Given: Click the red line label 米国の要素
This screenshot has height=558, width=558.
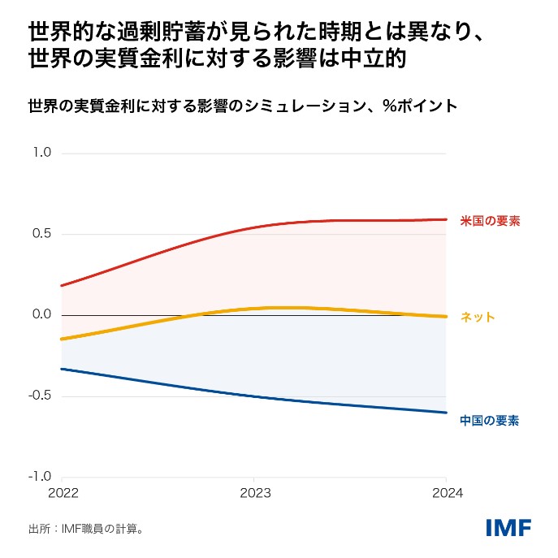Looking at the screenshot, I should [x=490, y=220].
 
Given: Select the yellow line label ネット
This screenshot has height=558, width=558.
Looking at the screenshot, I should [x=478, y=318].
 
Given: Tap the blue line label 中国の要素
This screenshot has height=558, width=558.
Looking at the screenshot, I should [x=490, y=420].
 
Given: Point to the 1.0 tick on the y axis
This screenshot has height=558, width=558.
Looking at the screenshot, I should [x=41, y=153].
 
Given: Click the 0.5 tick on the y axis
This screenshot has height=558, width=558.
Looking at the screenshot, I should [x=41, y=234].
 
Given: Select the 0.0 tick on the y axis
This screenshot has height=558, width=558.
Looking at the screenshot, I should [x=41, y=315].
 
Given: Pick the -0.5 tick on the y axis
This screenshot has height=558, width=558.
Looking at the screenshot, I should [x=40, y=396].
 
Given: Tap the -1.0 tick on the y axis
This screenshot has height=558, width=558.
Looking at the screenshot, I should [x=40, y=477].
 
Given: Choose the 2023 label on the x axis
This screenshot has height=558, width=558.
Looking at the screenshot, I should [x=254, y=493].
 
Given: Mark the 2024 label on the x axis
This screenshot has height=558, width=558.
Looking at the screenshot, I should [x=446, y=493].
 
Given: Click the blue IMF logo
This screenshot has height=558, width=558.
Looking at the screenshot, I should [x=508, y=527].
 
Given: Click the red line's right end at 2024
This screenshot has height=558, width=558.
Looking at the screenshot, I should [x=446, y=219].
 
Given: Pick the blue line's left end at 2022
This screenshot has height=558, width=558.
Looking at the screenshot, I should [x=61, y=369].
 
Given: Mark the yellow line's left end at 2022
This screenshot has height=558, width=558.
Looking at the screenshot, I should [x=61, y=339].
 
